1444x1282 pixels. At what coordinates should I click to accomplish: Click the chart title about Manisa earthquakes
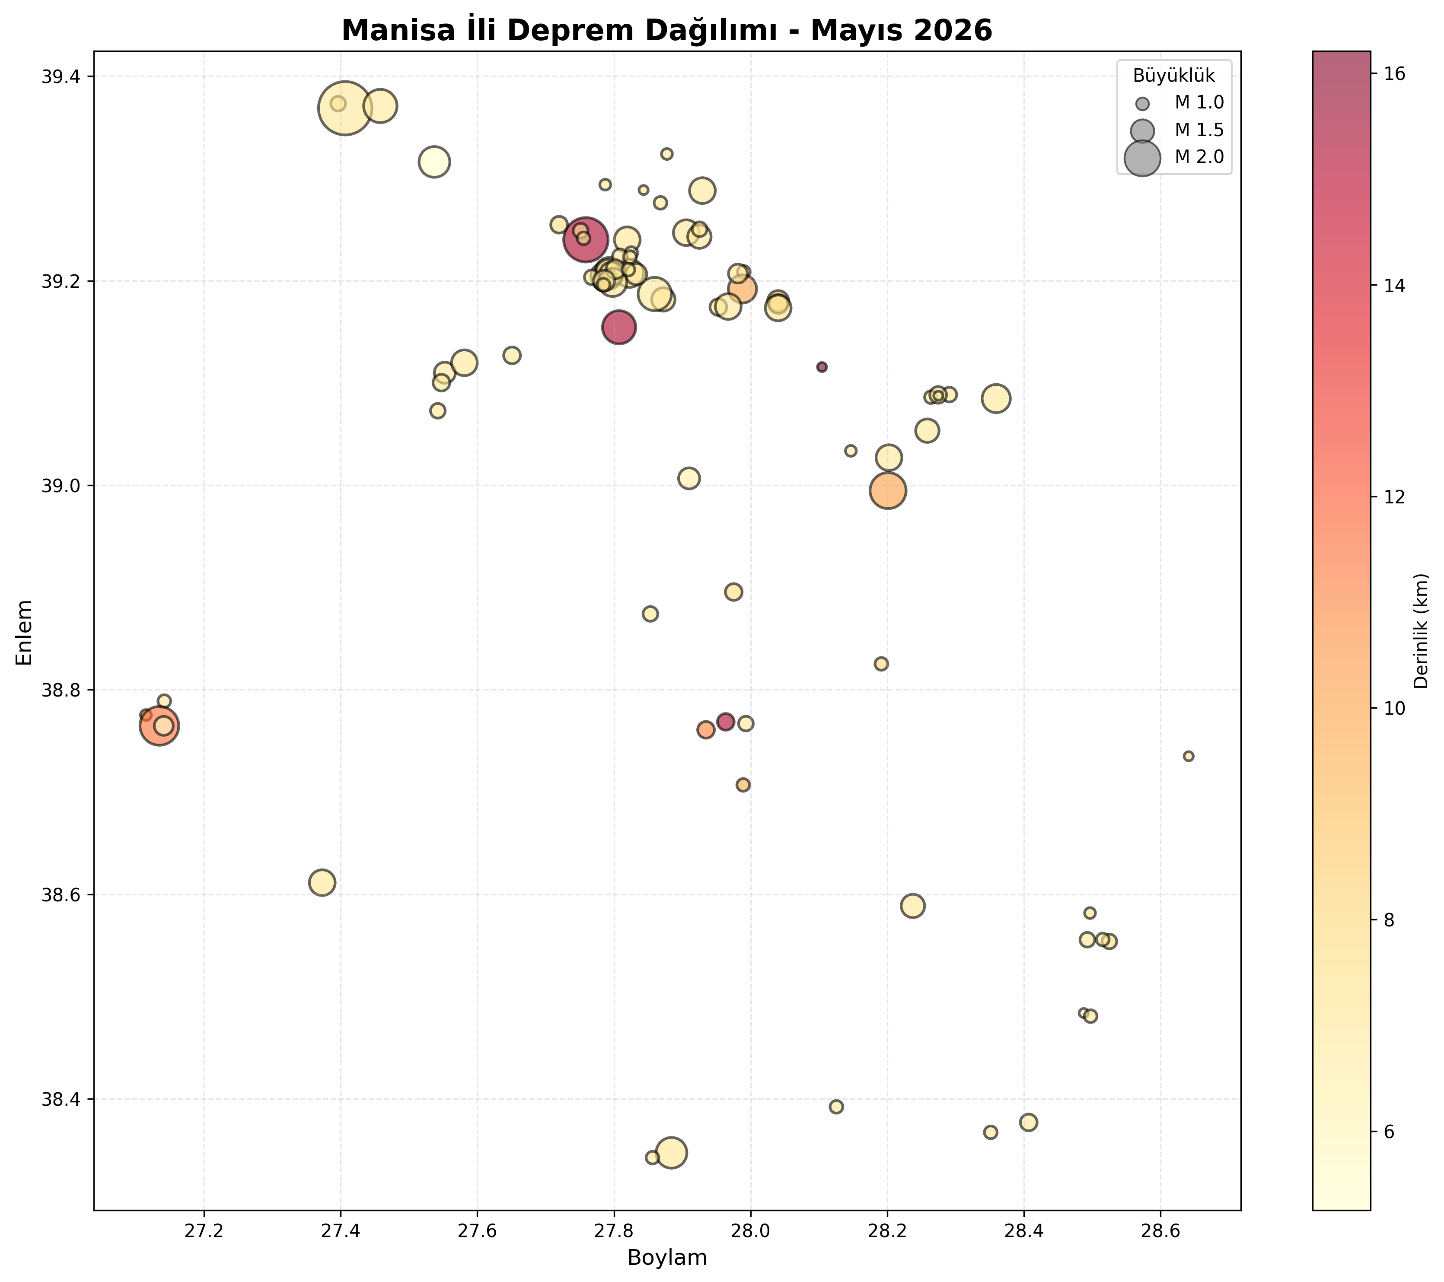667,30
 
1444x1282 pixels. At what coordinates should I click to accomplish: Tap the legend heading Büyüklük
1173,76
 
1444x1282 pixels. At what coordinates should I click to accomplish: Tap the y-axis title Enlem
25,632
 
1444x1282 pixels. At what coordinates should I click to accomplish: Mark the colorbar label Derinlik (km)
1422,631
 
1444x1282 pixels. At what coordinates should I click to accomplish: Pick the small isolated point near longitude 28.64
1188,756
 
